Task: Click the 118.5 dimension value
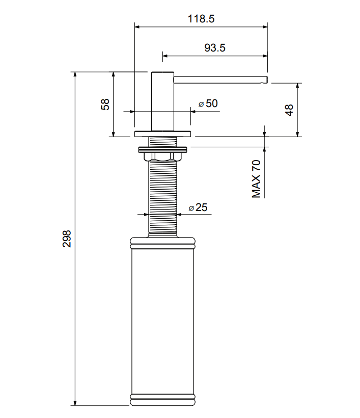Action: coord(201,19)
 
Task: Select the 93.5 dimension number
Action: coord(215,48)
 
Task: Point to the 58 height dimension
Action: coord(105,104)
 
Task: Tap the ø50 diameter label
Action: coord(208,103)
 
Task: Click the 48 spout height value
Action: coord(289,110)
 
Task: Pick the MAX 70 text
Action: coord(256,179)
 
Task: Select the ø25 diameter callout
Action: coord(198,207)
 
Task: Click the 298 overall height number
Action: coord(67,239)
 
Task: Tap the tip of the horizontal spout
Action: coord(266,80)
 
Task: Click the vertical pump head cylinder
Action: coord(163,101)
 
